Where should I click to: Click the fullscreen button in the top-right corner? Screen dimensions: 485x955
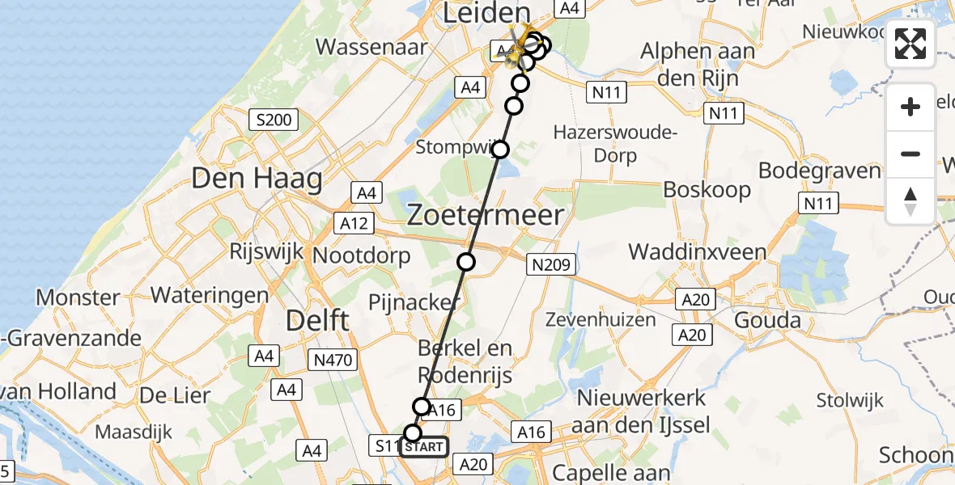pos(910,44)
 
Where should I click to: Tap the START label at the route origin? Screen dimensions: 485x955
pos(423,447)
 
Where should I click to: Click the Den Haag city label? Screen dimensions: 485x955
pos(257,178)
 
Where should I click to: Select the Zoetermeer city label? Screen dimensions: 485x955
pos(485,215)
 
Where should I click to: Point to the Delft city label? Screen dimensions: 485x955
pos(318,320)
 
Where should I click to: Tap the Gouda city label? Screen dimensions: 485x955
pos(766,320)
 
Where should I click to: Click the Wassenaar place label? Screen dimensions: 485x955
pos(371,46)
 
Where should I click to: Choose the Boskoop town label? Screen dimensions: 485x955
pos(707,190)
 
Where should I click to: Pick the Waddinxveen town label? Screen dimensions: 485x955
pos(698,251)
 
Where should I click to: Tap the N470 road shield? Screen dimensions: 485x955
pos(332,360)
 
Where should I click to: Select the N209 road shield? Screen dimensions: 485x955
pos(551,264)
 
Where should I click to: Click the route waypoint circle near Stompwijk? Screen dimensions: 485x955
pos(500,150)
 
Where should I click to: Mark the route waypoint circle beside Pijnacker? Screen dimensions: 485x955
pos(466,261)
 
